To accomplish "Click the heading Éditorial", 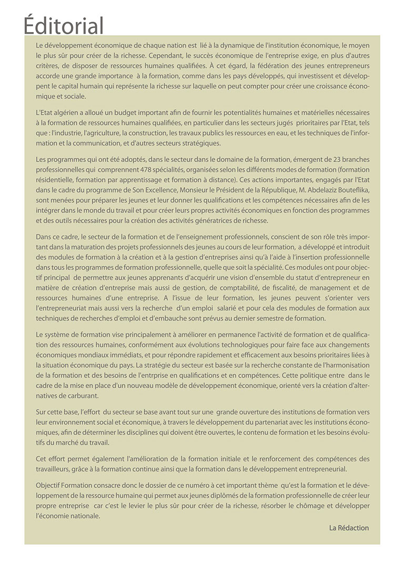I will point(64,25).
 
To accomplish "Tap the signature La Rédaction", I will point(349,527).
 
